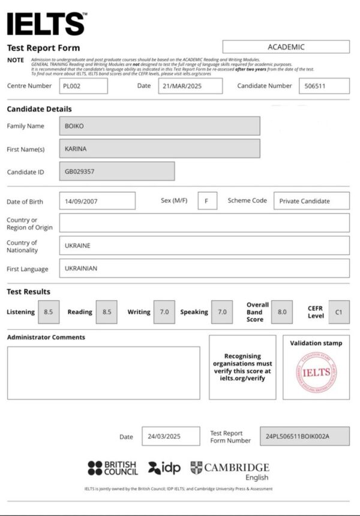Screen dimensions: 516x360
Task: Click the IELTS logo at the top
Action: (x=46, y=23)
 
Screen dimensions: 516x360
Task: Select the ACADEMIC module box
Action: (x=286, y=47)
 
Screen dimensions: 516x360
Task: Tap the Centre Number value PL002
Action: (x=83, y=86)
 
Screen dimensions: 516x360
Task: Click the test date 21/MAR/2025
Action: (x=190, y=86)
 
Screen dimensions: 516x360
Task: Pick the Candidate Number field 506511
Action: (x=324, y=86)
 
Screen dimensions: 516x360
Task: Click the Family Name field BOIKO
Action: (x=160, y=126)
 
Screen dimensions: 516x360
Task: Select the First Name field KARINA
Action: (x=160, y=148)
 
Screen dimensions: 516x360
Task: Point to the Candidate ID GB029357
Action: (x=117, y=171)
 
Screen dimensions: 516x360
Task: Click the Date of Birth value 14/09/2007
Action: (x=97, y=201)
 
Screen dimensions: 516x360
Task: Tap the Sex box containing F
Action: (x=207, y=201)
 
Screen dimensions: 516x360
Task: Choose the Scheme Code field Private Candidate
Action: (x=311, y=201)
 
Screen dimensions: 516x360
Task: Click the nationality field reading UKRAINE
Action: (x=204, y=245)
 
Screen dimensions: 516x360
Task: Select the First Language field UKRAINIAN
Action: (x=204, y=268)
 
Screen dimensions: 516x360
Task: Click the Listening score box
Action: (x=49, y=312)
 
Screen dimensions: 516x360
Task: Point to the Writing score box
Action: (x=164, y=312)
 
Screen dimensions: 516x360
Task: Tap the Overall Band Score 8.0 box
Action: (x=282, y=312)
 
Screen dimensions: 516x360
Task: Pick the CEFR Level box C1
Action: (x=339, y=312)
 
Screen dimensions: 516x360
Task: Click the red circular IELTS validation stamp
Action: (x=316, y=373)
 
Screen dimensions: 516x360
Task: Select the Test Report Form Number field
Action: (x=305, y=436)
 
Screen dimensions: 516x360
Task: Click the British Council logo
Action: (x=112, y=468)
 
